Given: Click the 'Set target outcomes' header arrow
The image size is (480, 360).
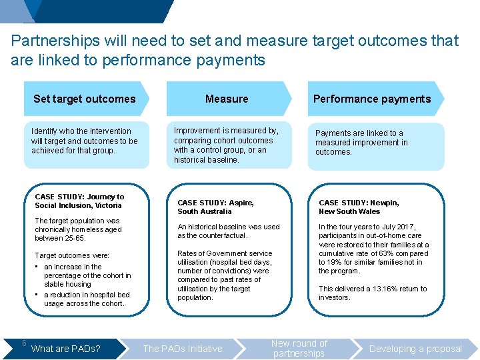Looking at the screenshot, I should (x=85, y=99).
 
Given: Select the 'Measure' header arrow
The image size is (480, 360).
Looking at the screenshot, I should (x=227, y=99).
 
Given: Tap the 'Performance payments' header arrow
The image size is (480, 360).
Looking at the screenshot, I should (x=372, y=99).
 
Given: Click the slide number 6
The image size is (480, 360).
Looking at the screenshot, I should (x=23, y=343).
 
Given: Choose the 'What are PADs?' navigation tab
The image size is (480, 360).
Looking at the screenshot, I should (x=67, y=349).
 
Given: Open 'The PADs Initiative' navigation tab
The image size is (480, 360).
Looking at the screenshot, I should (x=183, y=349).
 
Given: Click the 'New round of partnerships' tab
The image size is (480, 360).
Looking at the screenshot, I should (x=299, y=348).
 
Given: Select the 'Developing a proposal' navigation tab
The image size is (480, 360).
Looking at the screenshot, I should (x=415, y=349).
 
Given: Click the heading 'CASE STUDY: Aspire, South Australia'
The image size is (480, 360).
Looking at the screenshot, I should (x=215, y=207).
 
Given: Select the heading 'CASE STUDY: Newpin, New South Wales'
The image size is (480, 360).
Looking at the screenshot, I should (x=359, y=207).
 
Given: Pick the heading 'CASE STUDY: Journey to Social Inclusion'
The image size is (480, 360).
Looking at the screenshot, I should (x=79, y=201).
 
